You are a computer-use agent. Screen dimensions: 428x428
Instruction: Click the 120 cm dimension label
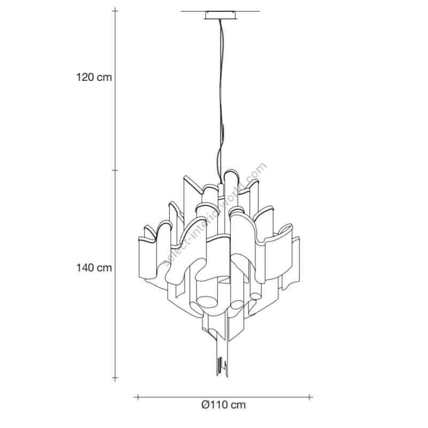pyautogui.click(x=94, y=77)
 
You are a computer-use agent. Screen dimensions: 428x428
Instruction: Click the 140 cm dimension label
pyautogui.click(x=94, y=267)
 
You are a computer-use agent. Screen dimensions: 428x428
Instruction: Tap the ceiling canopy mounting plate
pyautogui.click(x=220, y=16)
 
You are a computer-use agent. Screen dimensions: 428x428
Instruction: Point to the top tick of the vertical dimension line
pyautogui.click(x=115, y=11)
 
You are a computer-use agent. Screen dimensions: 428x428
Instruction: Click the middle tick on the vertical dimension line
pyautogui.click(x=115, y=170)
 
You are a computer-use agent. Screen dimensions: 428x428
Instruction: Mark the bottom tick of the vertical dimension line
pyautogui.click(x=115, y=378)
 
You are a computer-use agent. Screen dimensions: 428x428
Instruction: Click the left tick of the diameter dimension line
pyautogui.click(x=138, y=397)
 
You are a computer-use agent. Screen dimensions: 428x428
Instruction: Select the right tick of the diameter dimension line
pyautogui.click(x=309, y=397)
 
